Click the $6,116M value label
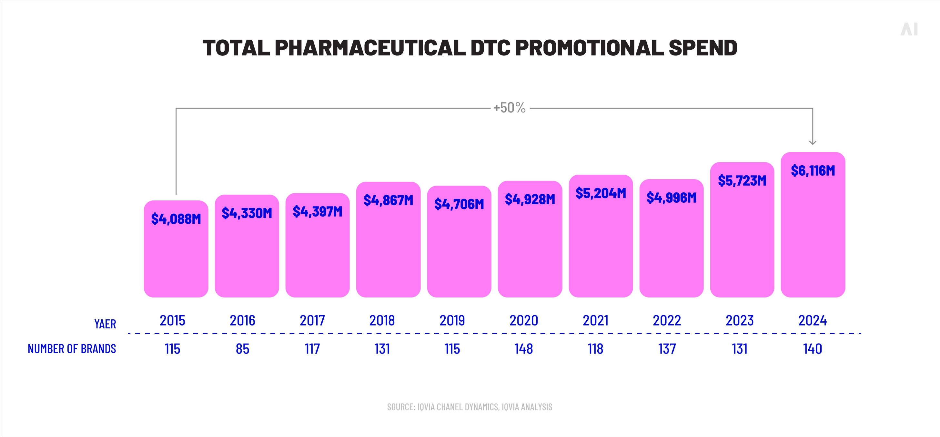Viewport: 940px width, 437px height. (x=813, y=170)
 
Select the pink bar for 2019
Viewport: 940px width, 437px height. (x=459, y=251)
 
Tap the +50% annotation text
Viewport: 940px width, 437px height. (x=510, y=108)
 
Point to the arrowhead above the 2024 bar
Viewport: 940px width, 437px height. (x=813, y=142)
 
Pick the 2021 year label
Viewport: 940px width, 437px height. (x=596, y=320)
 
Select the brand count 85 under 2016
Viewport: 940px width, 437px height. (x=242, y=349)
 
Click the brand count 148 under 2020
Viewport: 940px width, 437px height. (x=524, y=349)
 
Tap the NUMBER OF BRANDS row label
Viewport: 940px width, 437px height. (x=72, y=349)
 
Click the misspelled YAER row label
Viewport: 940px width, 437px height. (x=105, y=324)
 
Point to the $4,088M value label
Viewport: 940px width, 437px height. (x=176, y=219)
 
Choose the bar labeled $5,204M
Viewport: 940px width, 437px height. (x=601, y=248)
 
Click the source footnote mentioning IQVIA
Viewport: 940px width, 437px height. (x=470, y=407)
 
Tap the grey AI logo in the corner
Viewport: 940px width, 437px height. (x=909, y=29)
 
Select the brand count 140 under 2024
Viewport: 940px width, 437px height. (x=813, y=349)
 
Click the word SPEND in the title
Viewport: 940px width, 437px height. (x=702, y=48)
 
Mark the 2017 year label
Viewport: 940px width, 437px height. (x=312, y=320)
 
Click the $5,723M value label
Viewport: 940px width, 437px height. (x=742, y=180)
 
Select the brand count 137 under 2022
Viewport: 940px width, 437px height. (x=667, y=349)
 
